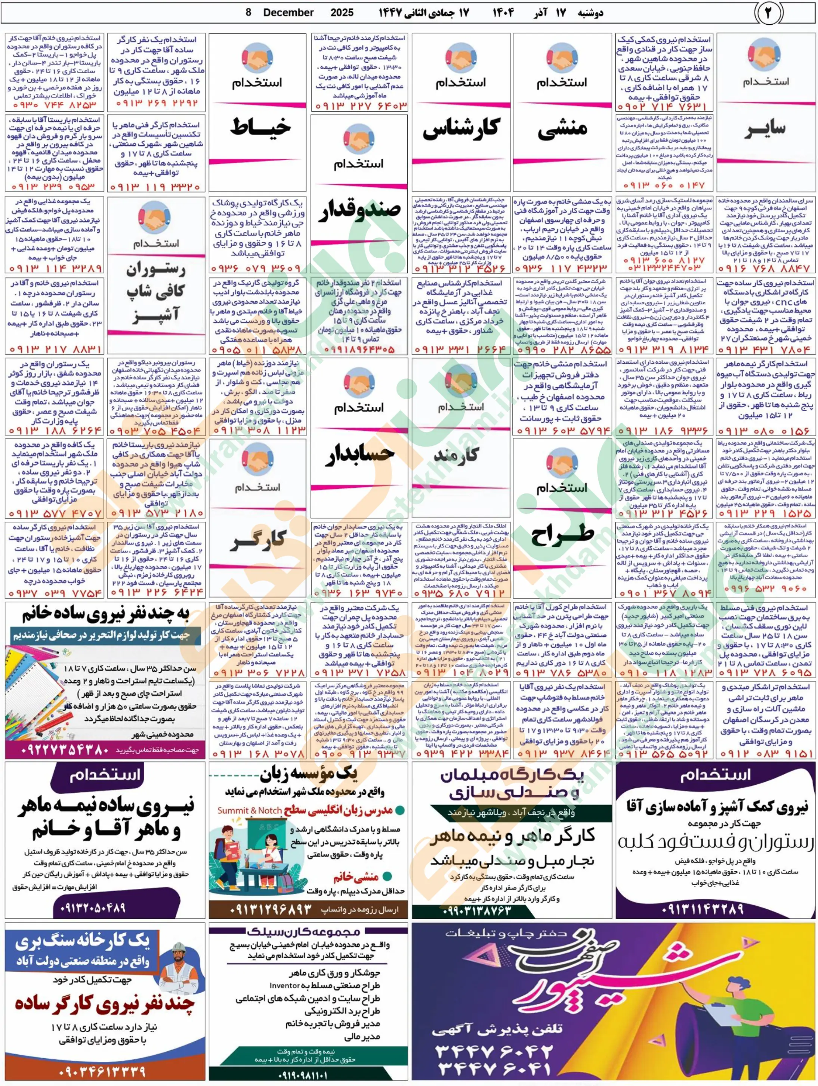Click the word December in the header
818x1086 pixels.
click(x=288, y=13)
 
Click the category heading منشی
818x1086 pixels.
click(x=562, y=130)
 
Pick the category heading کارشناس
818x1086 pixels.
click(x=461, y=128)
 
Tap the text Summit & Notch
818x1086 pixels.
click(x=250, y=810)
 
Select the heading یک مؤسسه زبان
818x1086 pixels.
click(x=309, y=775)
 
